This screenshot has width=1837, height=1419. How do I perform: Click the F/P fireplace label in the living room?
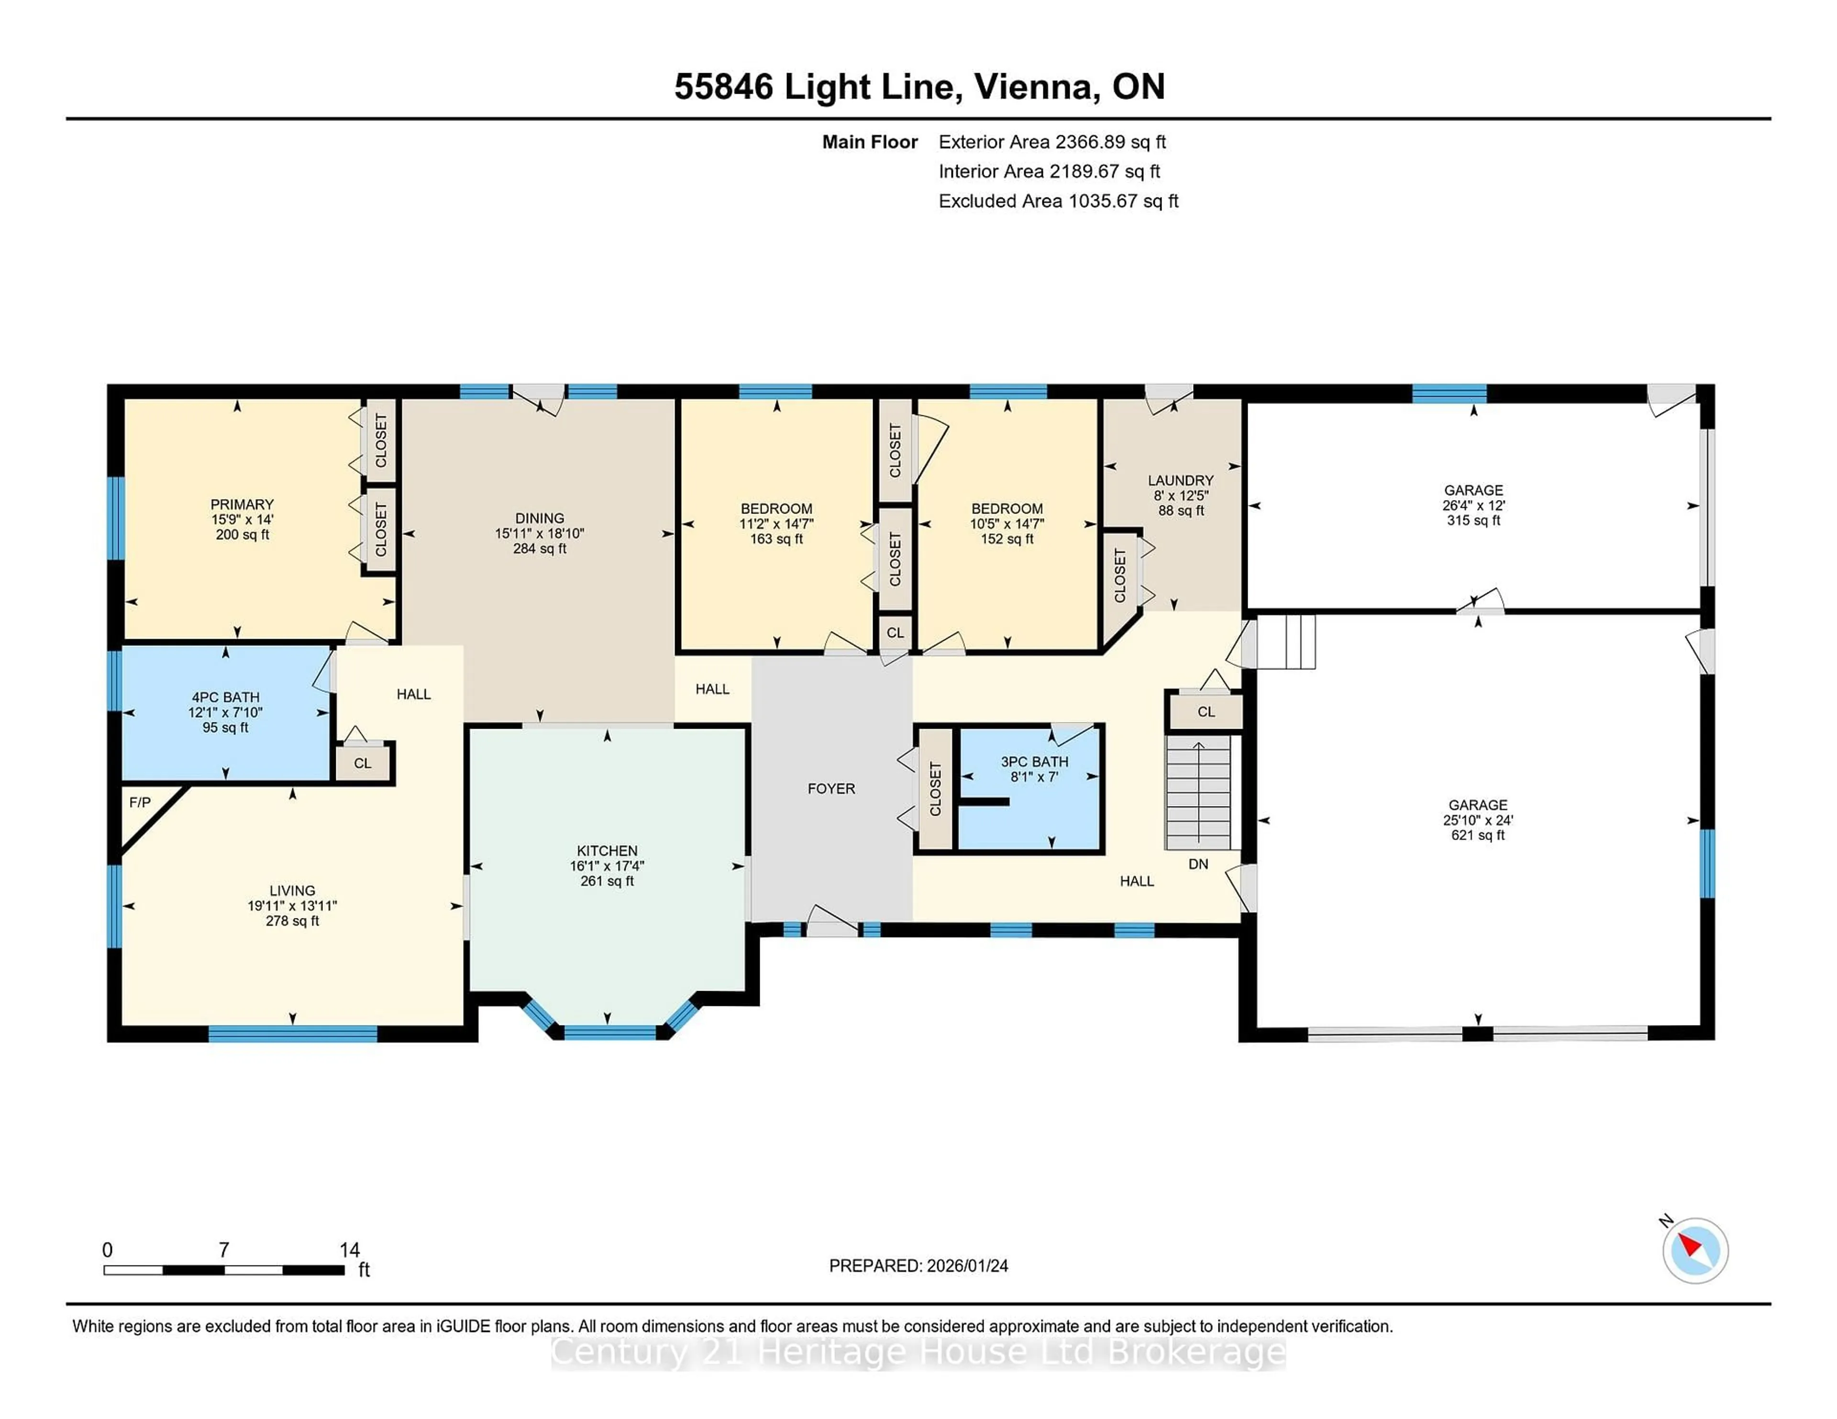[140, 803]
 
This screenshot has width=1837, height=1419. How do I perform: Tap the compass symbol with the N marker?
[1695, 1251]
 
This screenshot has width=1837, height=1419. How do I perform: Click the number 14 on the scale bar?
[349, 1250]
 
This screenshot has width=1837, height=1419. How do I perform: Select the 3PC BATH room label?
[1034, 762]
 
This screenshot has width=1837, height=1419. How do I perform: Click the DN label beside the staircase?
[1198, 864]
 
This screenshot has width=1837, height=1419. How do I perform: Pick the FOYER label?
[831, 788]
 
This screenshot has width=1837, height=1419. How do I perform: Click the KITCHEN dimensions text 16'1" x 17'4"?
[607, 866]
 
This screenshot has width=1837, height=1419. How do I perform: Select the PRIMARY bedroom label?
[242, 504]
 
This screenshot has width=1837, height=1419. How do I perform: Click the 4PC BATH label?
[225, 697]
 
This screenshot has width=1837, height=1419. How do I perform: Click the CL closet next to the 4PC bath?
[363, 764]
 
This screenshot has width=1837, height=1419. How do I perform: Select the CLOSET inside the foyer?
[934, 788]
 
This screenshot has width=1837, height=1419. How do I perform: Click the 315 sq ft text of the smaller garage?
[1473, 520]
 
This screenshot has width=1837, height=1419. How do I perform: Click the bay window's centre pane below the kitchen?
[610, 1032]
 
